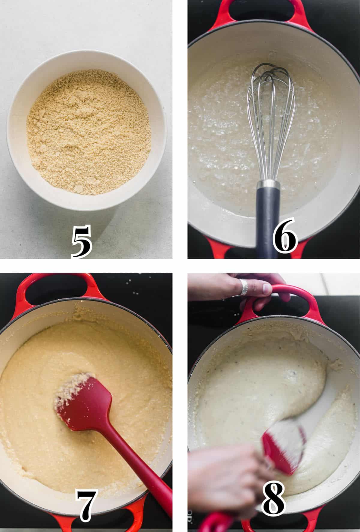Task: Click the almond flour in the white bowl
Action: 88,132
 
